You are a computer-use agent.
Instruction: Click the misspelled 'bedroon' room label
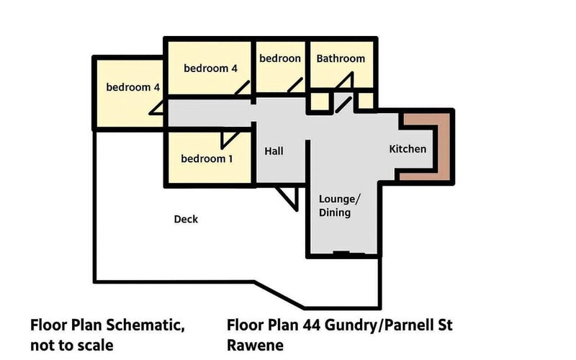click(x=280, y=58)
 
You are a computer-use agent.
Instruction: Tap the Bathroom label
click(x=341, y=58)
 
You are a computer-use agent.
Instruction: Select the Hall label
click(x=274, y=151)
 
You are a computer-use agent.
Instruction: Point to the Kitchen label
click(x=408, y=149)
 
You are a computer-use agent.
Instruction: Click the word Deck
click(x=186, y=220)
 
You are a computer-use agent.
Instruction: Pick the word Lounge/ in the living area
click(x=339, y=199)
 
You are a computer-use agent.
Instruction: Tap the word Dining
click(x=335, y=212)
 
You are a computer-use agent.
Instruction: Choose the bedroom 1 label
click(x=207, y=158)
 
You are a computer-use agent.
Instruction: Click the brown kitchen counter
click(x=443, y=147)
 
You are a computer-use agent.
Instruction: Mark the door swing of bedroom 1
click(x=230, y=140)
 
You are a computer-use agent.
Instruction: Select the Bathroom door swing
click(x=345, y=81)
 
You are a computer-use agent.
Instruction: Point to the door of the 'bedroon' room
click(x=295, y=85)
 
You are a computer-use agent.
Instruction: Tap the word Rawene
click(x=256, y=346)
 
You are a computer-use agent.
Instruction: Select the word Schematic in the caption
click(x=145, y=325)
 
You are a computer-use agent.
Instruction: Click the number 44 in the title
click(x=312, y=325)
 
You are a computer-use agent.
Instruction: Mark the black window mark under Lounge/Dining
click(x=341, y=253)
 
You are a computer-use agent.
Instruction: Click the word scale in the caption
click(x=95, y=346)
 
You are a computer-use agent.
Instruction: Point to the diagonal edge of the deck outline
click(x=279, y=294)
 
